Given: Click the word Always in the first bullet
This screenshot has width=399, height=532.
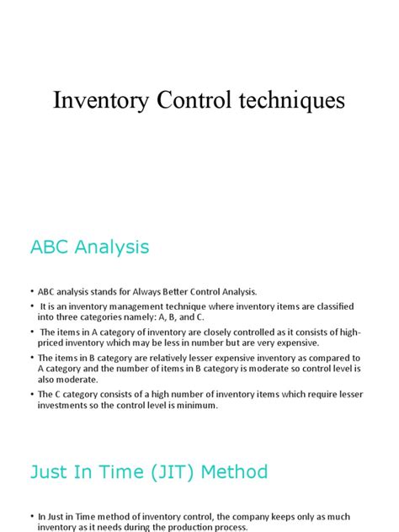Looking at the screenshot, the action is click(x=146, y=291).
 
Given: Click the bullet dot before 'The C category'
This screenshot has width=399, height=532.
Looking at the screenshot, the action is click(x=32, y=395).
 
